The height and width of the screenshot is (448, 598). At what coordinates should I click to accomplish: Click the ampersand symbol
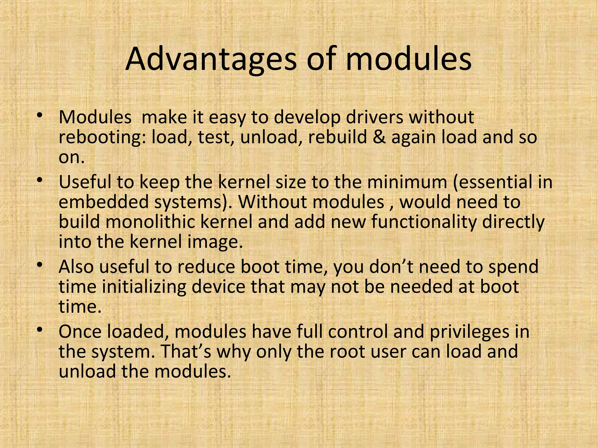(379, 137)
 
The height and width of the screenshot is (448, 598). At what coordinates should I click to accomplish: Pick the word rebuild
(337, 137)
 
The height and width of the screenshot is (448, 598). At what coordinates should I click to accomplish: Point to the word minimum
(407, 182)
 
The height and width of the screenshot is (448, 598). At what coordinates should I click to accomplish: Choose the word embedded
(104, 202)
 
